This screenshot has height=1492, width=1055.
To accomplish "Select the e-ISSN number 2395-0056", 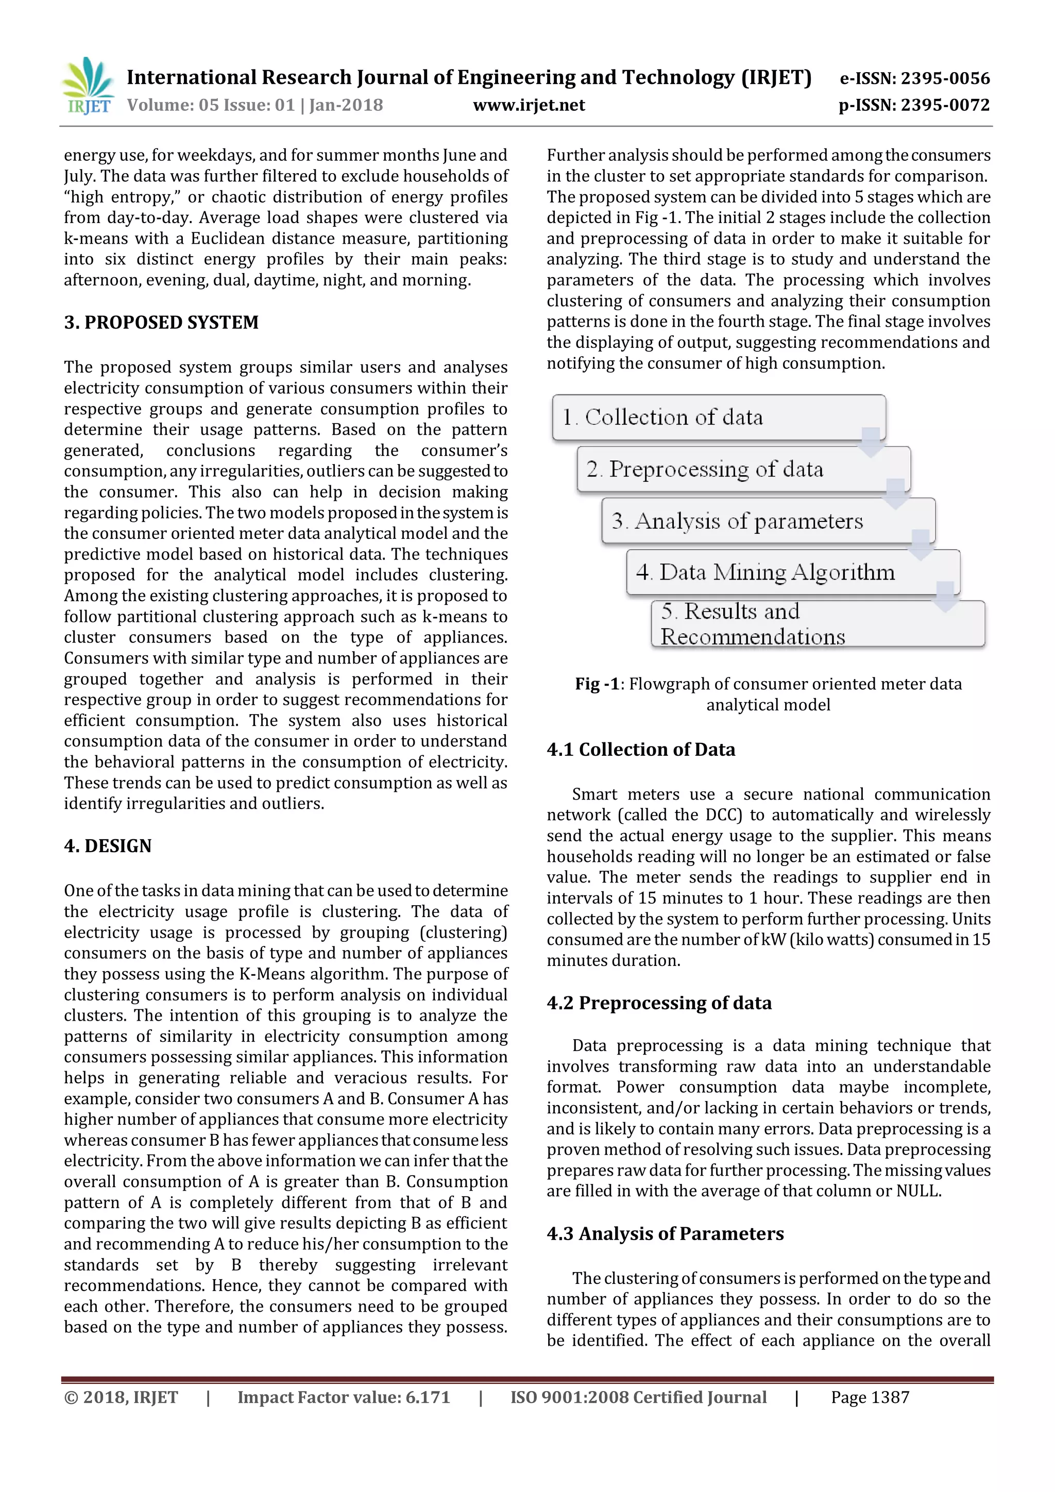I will tap(945, 79).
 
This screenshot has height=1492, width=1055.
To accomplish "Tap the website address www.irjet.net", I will tap(529, 105).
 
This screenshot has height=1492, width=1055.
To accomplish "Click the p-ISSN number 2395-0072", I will tap(945, 105).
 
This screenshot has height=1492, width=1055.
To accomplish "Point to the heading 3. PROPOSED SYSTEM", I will tap(161, 323).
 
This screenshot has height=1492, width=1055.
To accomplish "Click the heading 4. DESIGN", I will tap(108, 846).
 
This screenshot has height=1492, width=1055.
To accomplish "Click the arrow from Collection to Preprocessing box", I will tap(871, 442).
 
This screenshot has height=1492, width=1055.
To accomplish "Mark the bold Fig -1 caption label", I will tap(597, 684).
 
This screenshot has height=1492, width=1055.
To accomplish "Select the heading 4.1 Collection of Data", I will tap(640, 750).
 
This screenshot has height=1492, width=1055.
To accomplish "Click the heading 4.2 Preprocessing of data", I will tap(659, 1003).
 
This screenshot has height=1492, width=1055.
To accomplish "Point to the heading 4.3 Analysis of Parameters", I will tap(665, 1234).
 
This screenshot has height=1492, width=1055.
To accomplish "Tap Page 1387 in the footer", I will tap(870, 1398).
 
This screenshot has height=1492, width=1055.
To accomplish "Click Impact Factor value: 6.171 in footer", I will tap(344, 1398).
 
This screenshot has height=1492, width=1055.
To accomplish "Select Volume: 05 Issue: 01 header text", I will tap(254, 105).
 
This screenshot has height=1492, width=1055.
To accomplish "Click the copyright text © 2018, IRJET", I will tap(121, 1398).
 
